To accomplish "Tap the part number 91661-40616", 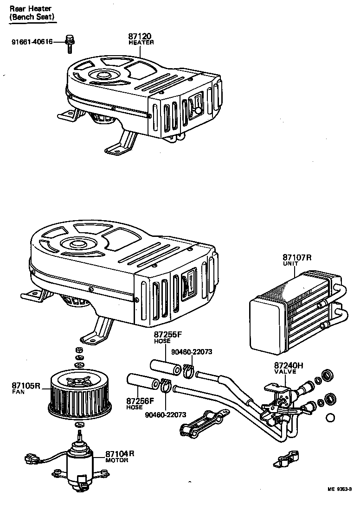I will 32,43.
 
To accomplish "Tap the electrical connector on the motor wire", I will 32,460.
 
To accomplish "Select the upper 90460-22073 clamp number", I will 192,351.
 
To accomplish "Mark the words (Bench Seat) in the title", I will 32,17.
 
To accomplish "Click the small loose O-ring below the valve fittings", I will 330,417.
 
